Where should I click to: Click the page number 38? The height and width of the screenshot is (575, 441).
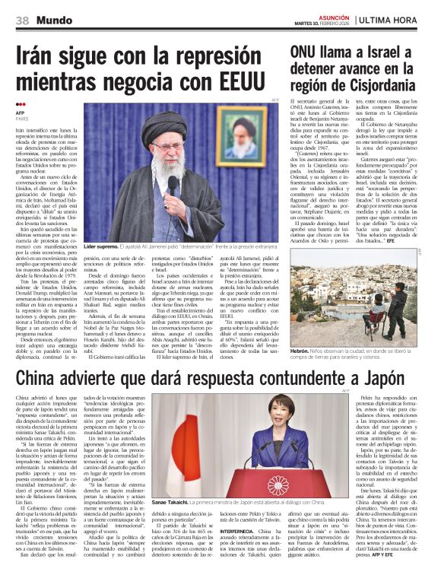[22, 20]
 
